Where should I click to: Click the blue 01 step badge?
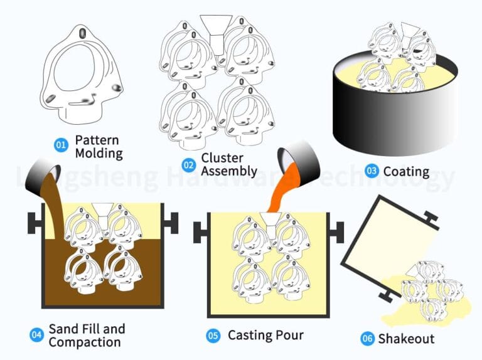(x=61, y=144)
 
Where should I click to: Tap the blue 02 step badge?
(x=188, y=165)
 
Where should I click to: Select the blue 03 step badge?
(x=372, y=171)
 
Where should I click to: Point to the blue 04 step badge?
(x=36, y=334)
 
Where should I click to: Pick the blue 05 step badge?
(x=213, y=335)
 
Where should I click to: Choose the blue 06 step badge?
(x=367, y=339)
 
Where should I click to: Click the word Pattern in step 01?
(x=97, y=140)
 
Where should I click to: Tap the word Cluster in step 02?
(x=222, y=158)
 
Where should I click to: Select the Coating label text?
(x=407, y=172)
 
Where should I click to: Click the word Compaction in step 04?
(x=85, y=342)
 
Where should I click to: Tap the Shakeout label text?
(x=407, y=339)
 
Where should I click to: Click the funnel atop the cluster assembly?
(x=217, y=34)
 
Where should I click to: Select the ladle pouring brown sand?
(x=43, y=177)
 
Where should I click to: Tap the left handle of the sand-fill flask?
(x=35, y=223)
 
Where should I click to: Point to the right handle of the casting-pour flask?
(x=337, y=232)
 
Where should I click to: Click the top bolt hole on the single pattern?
(x=83, y=33)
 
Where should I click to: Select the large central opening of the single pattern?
(x=74, y=68)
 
